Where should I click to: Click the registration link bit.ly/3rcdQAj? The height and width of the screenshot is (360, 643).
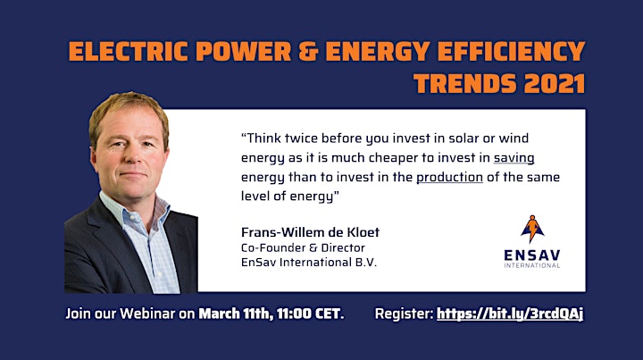pyautogui.click(x=510, y=314)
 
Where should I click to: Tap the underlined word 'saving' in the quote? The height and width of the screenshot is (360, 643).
pyautogui.click(x=514, y=158)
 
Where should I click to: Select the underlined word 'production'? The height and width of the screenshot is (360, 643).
pyautogui.click(x=449, y=177)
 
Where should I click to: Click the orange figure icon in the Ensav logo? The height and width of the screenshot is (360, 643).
pyautogui.click(x=532, y=229)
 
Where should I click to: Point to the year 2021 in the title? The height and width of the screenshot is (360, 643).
pyautogui.click(x=554, y=84)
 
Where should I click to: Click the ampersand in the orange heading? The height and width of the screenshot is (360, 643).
pyautogui.click(x=308, y=51)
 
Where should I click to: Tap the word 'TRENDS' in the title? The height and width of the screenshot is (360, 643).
pyautogui.click(x=465, y=84)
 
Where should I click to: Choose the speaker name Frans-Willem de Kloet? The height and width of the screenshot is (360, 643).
pyautogui.click(x=310, y=232)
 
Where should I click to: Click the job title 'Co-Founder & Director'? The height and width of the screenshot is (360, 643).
pyautogui.click(x=303, y=248)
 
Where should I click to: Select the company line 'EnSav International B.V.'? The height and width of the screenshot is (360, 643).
pyautogui.click(x=309, y=263)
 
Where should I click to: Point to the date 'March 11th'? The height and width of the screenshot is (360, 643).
pyautogui.click(x=235, y=314)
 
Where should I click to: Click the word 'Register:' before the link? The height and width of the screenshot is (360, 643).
pyautogui.click(x=404, y=314)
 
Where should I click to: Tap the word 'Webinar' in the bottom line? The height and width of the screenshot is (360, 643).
pyautogui.click(x=147, y=314)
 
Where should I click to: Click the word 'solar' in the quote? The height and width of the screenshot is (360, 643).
pyautogui.click(x=463, y=138)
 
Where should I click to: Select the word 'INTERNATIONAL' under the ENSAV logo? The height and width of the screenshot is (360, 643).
pyautogui.click(x=532, y=265)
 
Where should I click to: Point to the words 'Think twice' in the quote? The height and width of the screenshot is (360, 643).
pyautogui.click(x=279, y=138)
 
